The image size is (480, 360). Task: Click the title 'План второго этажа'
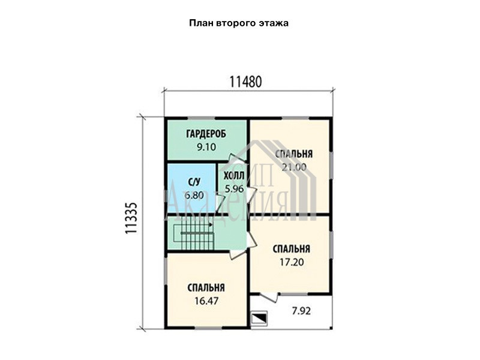[x=239, y=23]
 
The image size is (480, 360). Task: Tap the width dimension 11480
[x=245, y=82]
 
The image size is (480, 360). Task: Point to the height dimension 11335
[x=131, y=218]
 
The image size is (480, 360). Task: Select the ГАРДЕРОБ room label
[x=206, y=134]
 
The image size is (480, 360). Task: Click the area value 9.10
[x=206, y=147]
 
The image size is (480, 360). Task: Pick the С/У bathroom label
[x=194, y=182]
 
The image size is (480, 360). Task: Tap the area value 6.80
[x=194, y=195]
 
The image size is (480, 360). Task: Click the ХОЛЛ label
[x=234, y=176]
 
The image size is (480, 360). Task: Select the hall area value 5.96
[x=234, y=188]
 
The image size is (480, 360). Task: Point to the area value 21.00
[x=294, y=167]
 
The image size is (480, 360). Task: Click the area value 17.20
[x=292, y=262]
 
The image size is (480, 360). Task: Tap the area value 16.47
[x=206, y=301]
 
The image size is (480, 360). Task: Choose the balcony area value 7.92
[x=301, y=311]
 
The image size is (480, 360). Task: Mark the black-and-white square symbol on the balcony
[x=259, y=317]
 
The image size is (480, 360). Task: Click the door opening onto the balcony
[x=269, y=297]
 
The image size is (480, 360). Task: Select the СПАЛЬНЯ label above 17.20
[x=292, y=249]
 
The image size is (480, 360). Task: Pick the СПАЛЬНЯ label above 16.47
[x=206, y=288]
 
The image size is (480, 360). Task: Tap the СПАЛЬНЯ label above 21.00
[x=294, y=154]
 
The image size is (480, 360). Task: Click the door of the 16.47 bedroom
[x=238, y=254]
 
